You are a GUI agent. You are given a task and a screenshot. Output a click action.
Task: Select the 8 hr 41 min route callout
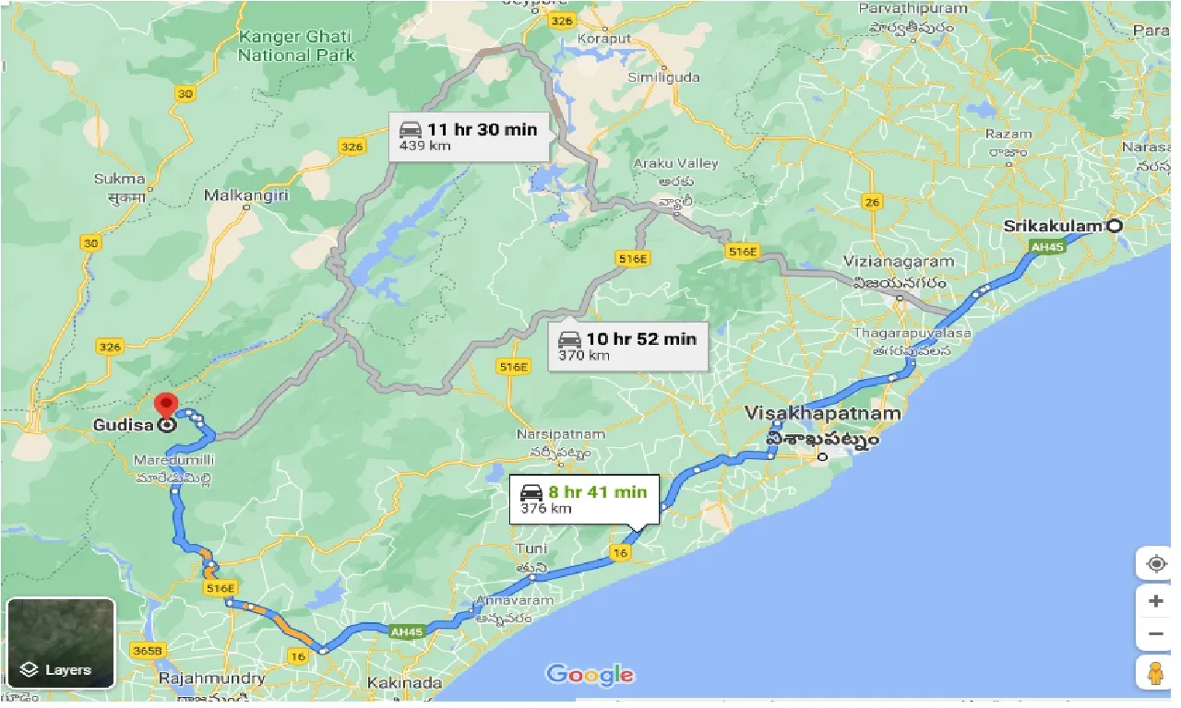[x=584, y=500]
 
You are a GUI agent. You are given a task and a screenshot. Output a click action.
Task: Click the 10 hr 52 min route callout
[x=627, y=347]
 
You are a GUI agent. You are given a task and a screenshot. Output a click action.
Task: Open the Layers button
[x=60, y=643]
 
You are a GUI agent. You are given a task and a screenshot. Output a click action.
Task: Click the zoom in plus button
[x=1155, y=601]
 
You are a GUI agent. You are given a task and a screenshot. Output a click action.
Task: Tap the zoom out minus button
[x=1155, y=634]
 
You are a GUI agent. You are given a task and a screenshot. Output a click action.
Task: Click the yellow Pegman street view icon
[x=1155, y=673]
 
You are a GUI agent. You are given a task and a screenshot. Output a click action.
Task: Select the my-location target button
[x=1155, y=563]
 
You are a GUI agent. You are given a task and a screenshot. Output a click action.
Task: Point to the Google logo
[x=590, y=675]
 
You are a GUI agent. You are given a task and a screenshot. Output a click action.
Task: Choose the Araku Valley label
[x=675, y=163]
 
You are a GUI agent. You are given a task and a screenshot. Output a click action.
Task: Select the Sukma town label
[x=120, y=179]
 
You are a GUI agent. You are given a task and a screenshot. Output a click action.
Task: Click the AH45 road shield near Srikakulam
[x=1047, y=245]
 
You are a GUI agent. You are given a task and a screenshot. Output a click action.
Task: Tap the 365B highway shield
[x=153, y=650]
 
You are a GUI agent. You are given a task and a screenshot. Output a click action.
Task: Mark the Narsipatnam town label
[x=562, y=434]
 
